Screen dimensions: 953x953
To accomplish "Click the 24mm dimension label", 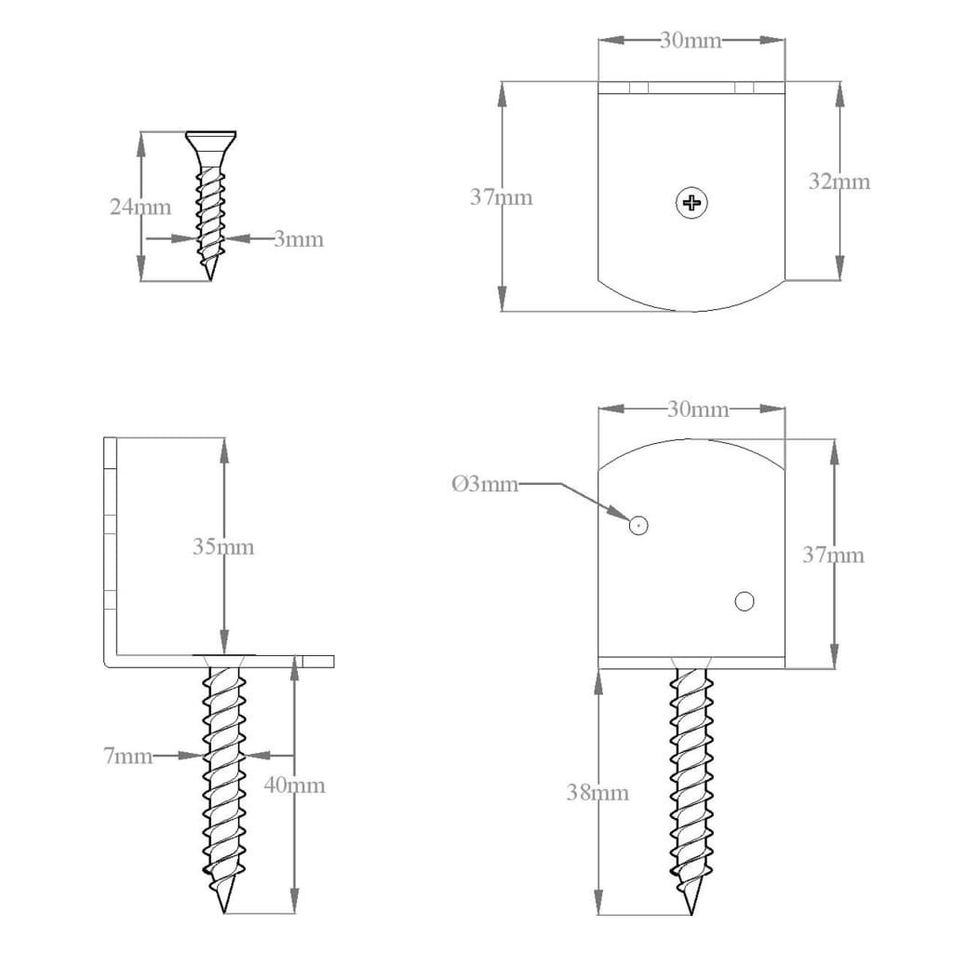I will [x=140, y=207].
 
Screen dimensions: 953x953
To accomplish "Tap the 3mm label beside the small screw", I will [x=299, y=239].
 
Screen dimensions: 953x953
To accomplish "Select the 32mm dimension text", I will [x=839, y=181].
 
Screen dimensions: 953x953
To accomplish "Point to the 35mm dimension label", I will [x=222, y=546].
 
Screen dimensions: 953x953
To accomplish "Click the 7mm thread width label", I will [x=128, y=756].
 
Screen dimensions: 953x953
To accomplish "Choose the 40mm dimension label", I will [x=295, y=785].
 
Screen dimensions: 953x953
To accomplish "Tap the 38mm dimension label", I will [x=597, y=792].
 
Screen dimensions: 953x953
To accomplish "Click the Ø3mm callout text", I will [x=484, y=484].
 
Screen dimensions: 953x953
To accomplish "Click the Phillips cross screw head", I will [x=691, y=202].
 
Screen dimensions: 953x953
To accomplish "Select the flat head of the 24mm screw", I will [x=210, y=138].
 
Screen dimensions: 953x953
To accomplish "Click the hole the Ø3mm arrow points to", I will [x=638, y=526].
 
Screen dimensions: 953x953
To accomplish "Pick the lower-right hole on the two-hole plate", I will [x=744, y=601].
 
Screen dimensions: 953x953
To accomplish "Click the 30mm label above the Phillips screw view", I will [x=691, y=41].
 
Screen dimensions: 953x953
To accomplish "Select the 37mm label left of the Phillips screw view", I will [x=502, y=196].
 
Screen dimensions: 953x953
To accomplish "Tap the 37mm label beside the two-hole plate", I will [x=833, y=555].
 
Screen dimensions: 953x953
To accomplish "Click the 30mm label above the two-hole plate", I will [x=698, y=409].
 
